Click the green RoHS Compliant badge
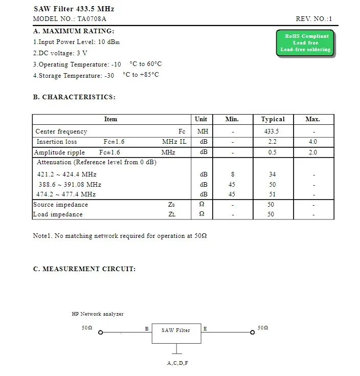[305, 43]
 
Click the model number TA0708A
[92, 19]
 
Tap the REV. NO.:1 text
[314, 19]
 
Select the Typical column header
[273, 119]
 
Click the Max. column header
[312, 119]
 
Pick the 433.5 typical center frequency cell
[272, 131]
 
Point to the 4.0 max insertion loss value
[313, 142]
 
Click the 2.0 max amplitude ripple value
[313, 152]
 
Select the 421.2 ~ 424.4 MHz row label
[66, 174]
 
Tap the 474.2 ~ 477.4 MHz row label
[66, 194]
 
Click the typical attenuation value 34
[273, 174]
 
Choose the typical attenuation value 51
[273, 194]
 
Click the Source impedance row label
[60, 205]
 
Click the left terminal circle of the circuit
[101, 333]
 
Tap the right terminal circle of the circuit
[252, 333]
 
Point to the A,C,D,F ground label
[177, 363]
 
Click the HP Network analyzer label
[98, 314]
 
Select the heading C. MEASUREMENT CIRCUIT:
[84, 269]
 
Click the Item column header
[110, 119]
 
